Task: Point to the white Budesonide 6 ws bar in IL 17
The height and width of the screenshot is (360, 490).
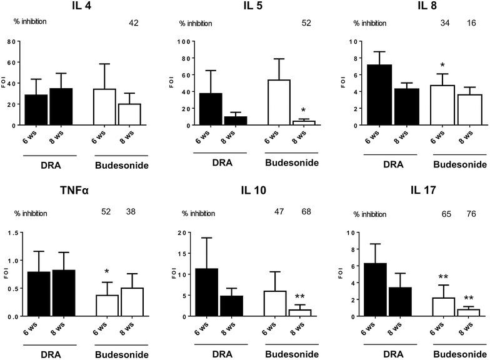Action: (442, 307)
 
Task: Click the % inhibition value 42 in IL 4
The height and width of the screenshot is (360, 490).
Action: (134, 23)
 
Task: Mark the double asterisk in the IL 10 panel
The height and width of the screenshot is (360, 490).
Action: (301, 297)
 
